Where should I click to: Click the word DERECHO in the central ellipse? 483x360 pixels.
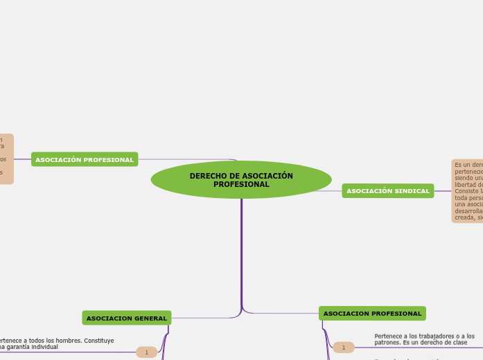[x=207, y=176]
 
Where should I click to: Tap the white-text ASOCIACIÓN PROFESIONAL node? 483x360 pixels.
[x=85, y=160]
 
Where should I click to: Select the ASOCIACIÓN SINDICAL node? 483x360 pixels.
[x=387, y=191]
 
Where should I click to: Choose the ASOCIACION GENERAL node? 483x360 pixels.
[x=127, y=318]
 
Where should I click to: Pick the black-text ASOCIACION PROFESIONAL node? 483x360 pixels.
[x=372, y=314]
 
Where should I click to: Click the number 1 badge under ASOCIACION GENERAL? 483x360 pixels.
[x=146, y=352]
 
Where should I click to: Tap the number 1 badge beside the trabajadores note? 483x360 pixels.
[x=343, y=347]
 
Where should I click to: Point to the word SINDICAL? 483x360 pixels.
[x=412, y=191]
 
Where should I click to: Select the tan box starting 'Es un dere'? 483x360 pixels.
[x=467, y=191]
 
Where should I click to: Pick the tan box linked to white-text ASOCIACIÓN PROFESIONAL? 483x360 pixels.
[x=6, y=159]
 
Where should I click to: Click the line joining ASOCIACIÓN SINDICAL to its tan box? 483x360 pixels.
[x=443, y=191]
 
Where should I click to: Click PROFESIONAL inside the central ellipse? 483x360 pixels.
[x=241, y=185]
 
